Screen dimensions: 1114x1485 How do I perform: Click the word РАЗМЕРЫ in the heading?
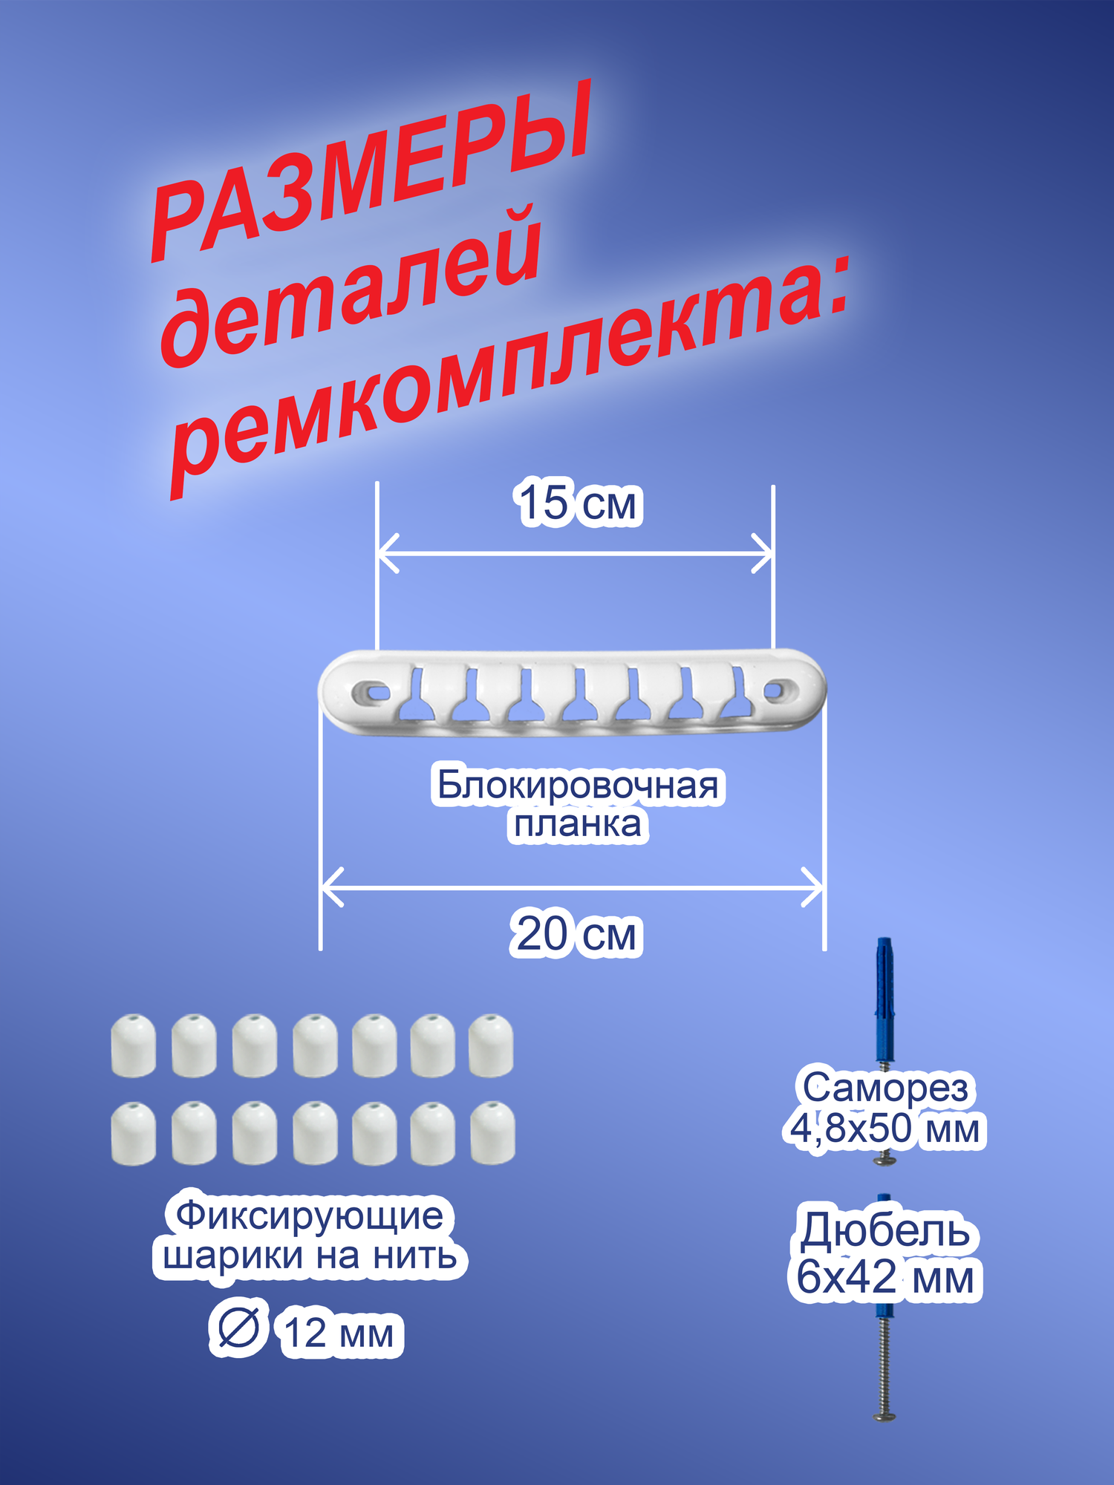click(x=371, y=171)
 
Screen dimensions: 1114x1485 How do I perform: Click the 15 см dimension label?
click(x=577, y=504)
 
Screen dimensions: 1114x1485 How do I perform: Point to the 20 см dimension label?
click(x=576, y=934)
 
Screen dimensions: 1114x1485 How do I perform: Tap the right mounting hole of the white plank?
click(x=775, y=691)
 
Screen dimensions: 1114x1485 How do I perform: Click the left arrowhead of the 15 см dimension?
click(x=383, y=554)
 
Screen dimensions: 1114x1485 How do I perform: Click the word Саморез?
click(x=885, y=1088)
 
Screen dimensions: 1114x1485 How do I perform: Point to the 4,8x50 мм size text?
click(x=885, y=1129)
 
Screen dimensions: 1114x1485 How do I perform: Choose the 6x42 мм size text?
click(x=885, y=1277)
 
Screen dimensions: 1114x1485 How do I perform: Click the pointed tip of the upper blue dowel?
click(x=883, y=941)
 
